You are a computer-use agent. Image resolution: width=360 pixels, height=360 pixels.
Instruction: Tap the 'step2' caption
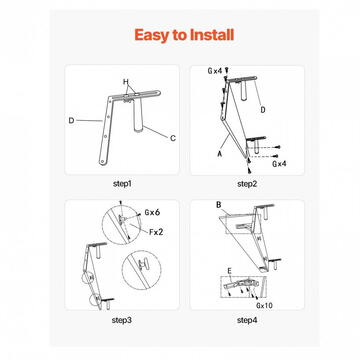pyautogui.click(x=246, y=184)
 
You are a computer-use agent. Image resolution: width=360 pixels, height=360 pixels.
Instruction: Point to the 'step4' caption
pyautogui.click(x=246, y=320)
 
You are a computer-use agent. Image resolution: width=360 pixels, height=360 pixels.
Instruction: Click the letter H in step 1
pyautogui.click(x=126, y=81)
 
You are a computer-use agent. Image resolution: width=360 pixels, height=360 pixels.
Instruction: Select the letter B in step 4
pyautogui.click(x=218, y=205)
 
